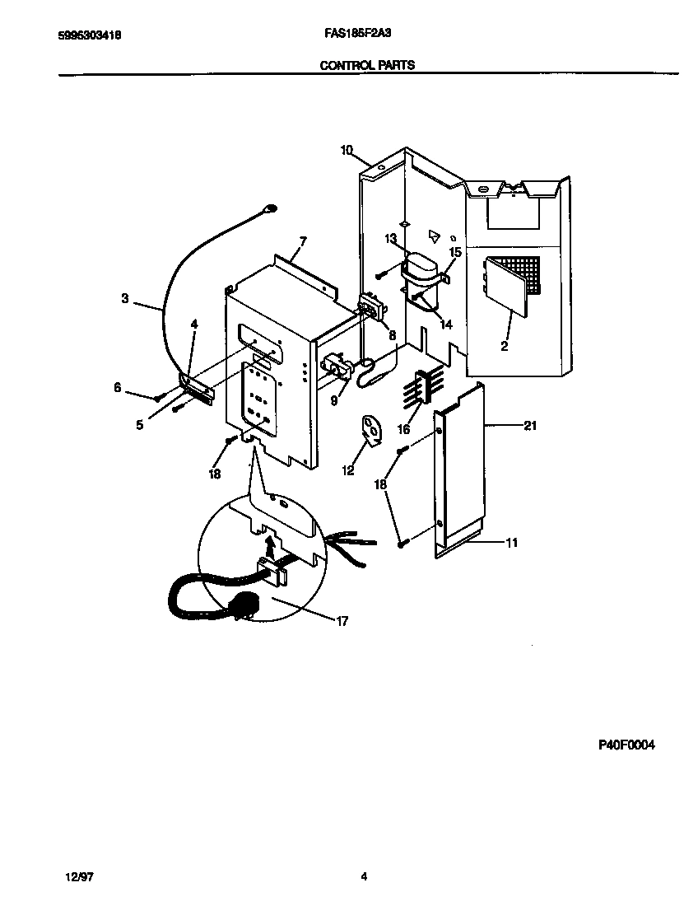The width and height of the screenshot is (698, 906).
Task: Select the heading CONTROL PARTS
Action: click(366, 65)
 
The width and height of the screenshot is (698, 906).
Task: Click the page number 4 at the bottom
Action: click(363, 877)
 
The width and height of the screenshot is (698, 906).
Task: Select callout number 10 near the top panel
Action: click(346, 150)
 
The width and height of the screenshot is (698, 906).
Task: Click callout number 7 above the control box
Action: click(303, 241)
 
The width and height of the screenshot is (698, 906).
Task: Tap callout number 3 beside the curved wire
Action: click(125, 299)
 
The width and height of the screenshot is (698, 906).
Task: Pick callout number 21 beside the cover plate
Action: click(530, 425)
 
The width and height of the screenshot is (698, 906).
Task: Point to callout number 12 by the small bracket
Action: click(348, 470)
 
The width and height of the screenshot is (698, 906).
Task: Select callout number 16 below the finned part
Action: click(403, 430)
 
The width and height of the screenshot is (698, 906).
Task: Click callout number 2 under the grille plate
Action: click(504, 347)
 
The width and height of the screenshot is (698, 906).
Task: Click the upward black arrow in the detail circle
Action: click(271, 544)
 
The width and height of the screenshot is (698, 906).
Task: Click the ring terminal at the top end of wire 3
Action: click(269, 210)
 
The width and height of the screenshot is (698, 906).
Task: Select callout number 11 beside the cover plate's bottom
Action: click(511, 543)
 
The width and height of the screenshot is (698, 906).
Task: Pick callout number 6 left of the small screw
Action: click(118, 386)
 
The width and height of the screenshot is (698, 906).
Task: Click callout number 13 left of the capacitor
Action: click(390, 239)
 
